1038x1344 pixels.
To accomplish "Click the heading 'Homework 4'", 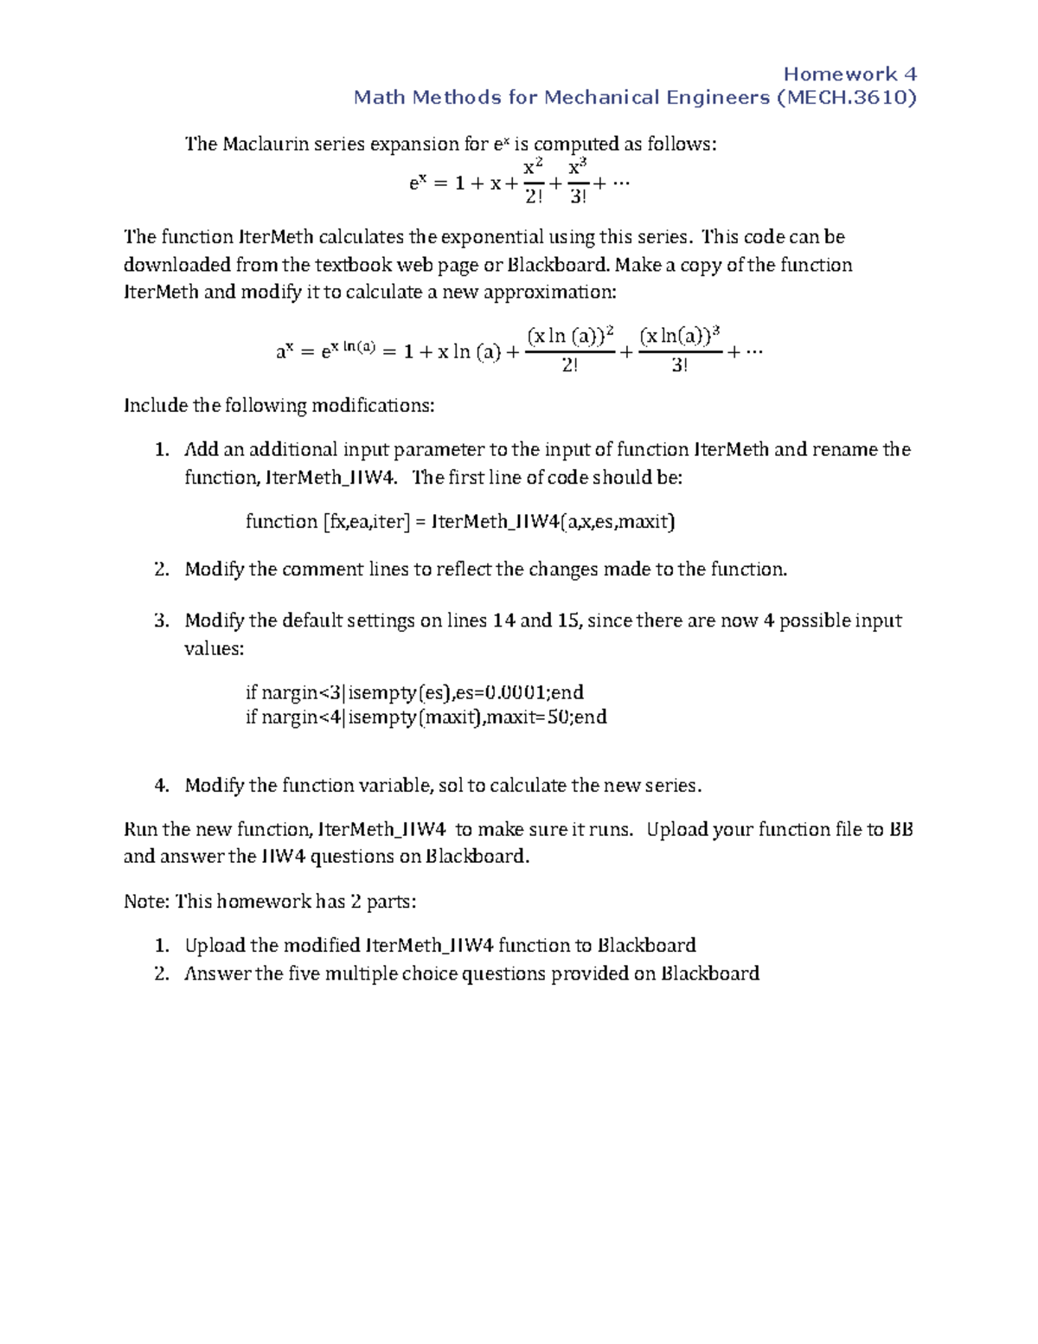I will coord(849,74).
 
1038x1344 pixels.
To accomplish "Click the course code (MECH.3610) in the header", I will coord(847,97).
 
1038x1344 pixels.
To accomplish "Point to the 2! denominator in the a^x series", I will coord(570,365).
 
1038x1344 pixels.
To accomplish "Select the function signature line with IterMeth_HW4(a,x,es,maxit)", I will coord(460,521).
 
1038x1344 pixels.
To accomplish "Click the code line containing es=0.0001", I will coord(414,691).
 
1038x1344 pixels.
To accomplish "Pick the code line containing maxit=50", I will coord(426,717).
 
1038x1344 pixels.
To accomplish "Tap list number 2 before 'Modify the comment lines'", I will coord(161,569).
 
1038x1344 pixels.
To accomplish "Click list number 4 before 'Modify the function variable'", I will coord(161,785).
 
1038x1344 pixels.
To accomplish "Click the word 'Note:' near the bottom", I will coord(146,901).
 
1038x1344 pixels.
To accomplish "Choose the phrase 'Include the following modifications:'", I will coord(279,405).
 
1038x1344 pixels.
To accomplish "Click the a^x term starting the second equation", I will coord(285,351).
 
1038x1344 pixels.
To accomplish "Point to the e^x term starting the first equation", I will coord(417,183).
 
